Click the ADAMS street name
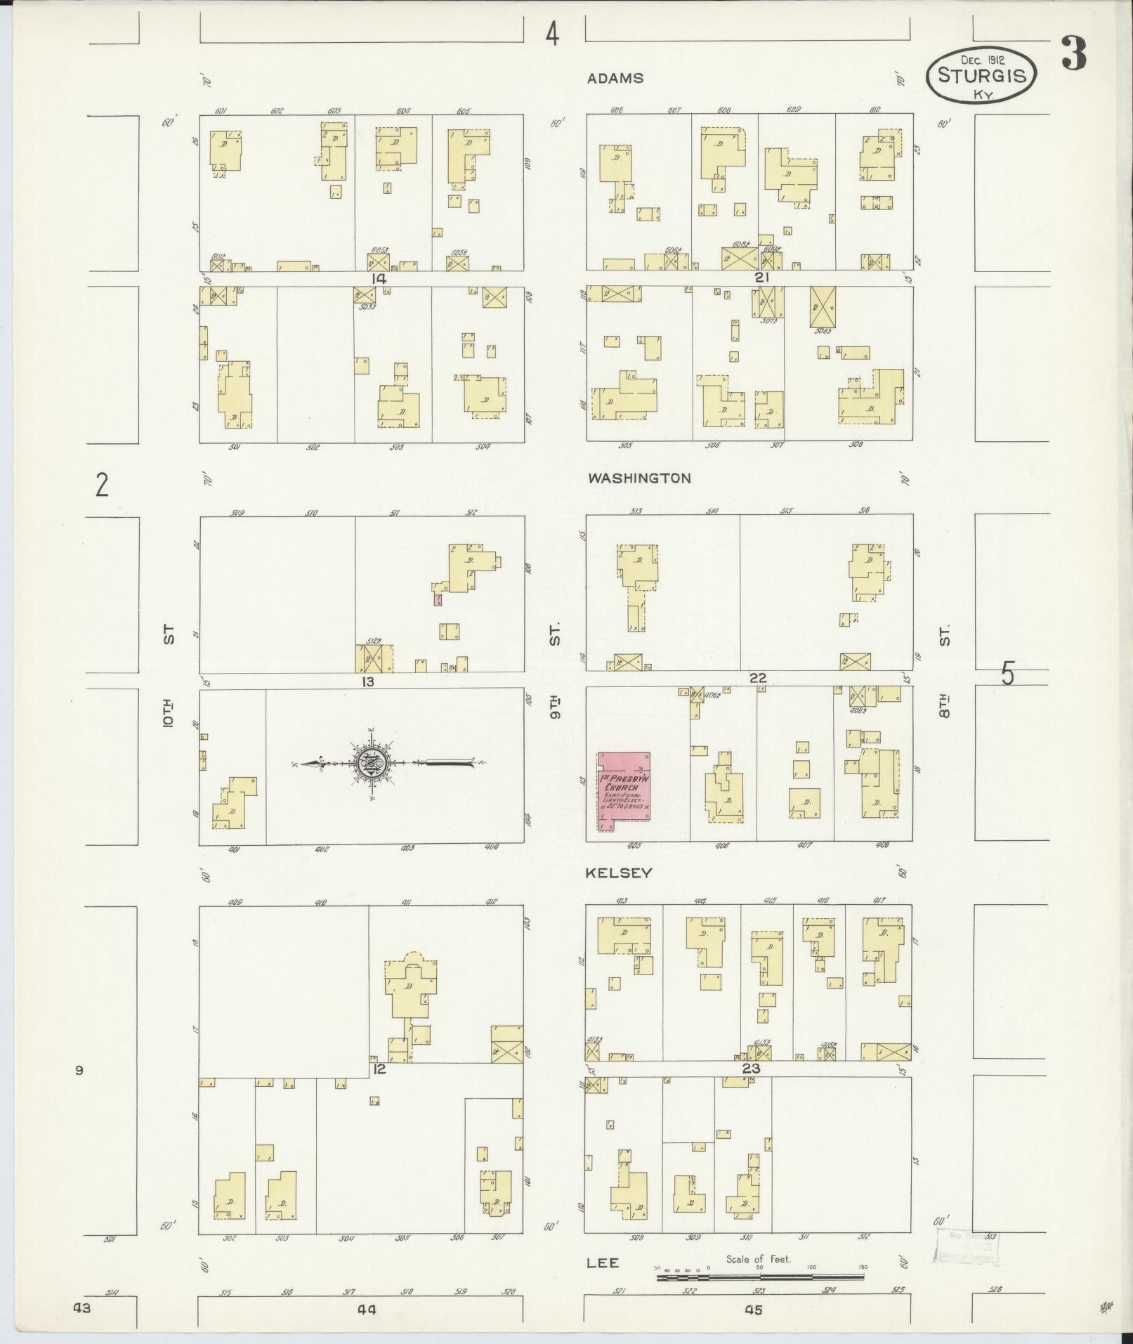pyautogui.click(x=615, y=78)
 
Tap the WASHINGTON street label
pyautogui.click(x=639, y=478)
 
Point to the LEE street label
pyautogui.click(x=603, y=1263)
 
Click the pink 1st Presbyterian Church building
pyautogui.click(x=624, y=791)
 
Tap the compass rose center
pyautogui.click(x=369, y=763)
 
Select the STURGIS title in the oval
pyautogui.click(x=981, y=76)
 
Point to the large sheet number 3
pyautogui.click(x=1074, y=53)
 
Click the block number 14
pyautogui.click(x=379, y=278)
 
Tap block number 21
pyautogui.click(x=762, y=277)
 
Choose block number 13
pyautogui.click(x=367, y=681)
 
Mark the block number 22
pyautogui.click(x=757, y=678)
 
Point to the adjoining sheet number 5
pyautogui.click(x=1008, y=674)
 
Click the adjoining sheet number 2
pyautogui.click(x=103, y=484)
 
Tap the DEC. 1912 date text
pyautogui.click(x=982, y=60)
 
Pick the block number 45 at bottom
pyautogui.click(x=754, y=1310)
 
